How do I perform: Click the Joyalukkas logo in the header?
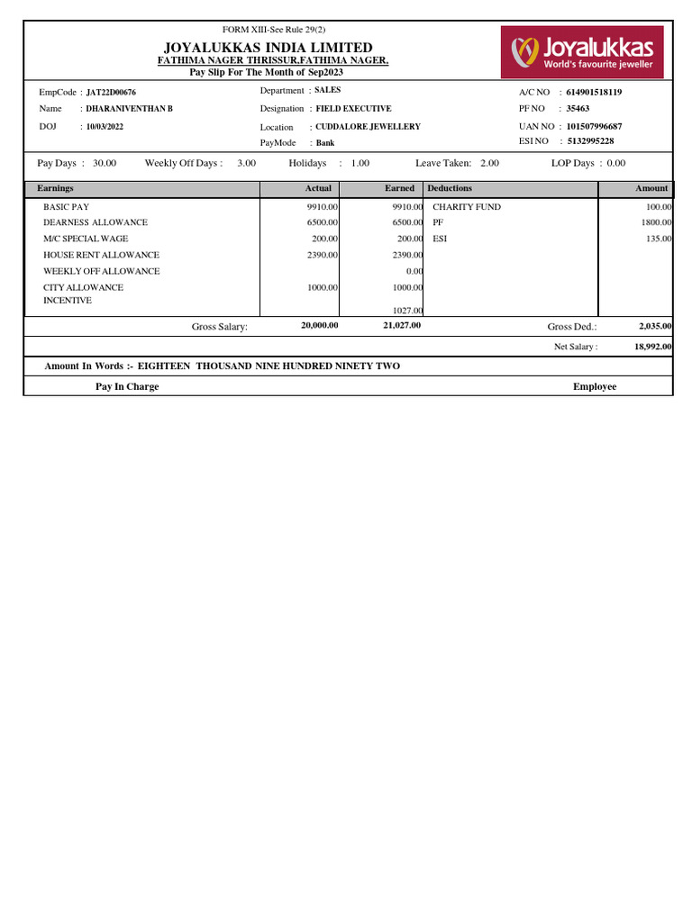point(582,51)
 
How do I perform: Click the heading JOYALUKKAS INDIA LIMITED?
point(268,47)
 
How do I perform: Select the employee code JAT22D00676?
point(111,93)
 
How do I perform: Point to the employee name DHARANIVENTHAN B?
point(129,109)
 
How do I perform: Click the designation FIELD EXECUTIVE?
point(353,109)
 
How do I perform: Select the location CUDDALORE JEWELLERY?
point(368,127)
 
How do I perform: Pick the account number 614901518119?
point(594,92)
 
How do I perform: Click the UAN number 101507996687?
point(594,126)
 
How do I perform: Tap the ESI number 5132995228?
point(590,141)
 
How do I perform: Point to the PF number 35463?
point(578,109)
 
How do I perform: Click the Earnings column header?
point(55,188)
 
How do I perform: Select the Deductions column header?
point(450,188)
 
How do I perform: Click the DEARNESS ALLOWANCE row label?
point(96,222)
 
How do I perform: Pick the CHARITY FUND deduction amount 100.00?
point(658,207)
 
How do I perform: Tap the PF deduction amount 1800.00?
point(655,222)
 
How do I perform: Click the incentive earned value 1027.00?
point(407,311)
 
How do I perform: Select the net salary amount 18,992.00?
point(652,347)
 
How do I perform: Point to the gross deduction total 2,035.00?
point(655,326)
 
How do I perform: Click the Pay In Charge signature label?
point(127,386)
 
